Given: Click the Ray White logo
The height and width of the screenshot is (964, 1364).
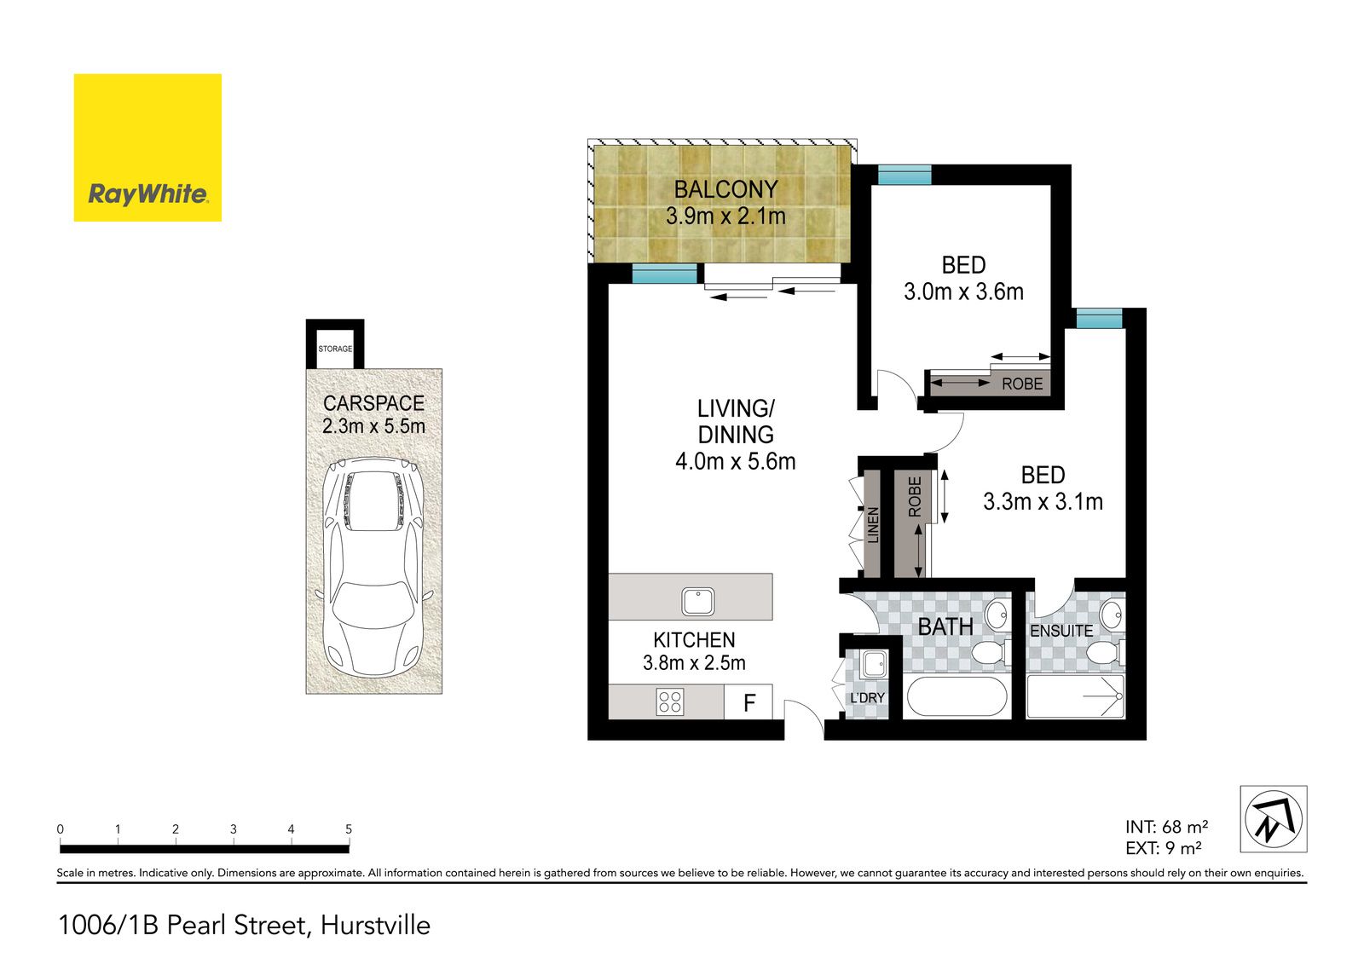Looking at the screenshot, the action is (x=147, y=147).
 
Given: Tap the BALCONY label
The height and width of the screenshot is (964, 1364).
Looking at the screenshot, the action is (x=725, y=189).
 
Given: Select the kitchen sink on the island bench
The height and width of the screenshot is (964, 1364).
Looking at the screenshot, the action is (x=698, y=600).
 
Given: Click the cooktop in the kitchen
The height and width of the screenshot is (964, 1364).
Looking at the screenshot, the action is (x=670, y=701).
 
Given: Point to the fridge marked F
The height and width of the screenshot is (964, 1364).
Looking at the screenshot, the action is (x=748, y=701).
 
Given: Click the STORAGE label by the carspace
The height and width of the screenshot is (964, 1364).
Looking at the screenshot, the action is (x=335, y=349).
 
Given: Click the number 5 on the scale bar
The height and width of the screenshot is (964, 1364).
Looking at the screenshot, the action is (x=349, y=828).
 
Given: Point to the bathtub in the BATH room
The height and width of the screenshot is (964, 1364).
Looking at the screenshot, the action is (x=957, y=696).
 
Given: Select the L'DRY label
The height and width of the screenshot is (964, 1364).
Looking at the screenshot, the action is (x=867, y=698).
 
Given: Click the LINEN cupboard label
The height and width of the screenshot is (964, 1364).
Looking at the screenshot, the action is (x=873, y=525).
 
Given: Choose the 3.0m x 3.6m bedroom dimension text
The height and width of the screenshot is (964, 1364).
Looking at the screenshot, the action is (x=963, y=292).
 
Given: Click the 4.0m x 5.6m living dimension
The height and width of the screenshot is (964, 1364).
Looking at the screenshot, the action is (x=736, y=462).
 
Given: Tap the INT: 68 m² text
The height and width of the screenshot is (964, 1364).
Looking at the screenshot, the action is (x=1167, y=827).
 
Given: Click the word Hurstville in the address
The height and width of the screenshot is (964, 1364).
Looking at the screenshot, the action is (x=375, y=925).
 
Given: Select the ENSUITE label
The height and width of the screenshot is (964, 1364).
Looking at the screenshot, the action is (x=1061, y=631).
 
